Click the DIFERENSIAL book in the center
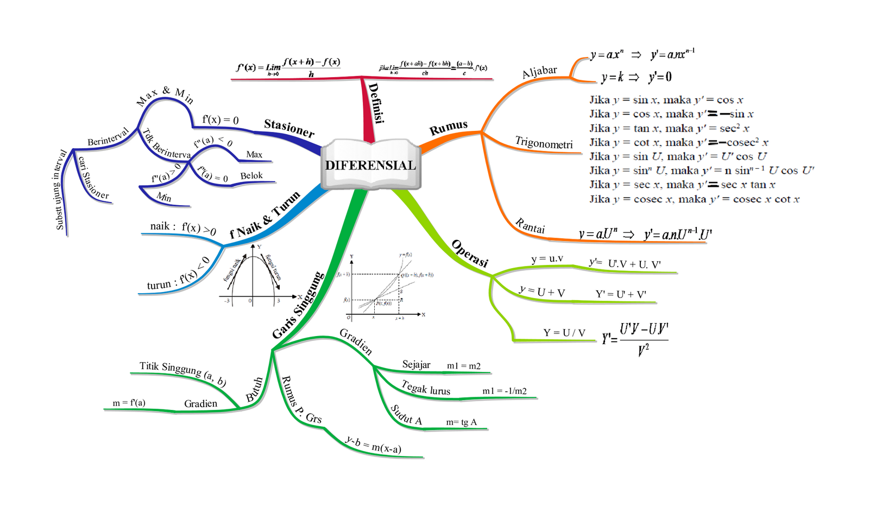(x=370, y=165)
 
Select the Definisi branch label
(x=376, y=103)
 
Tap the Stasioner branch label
(x=289, y=128)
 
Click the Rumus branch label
(x=449, y=128)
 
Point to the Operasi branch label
(x=470, y=253)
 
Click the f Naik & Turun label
(x=265, y=215)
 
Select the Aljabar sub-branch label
(x=539, y=72)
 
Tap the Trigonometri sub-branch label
(x=544, y=143)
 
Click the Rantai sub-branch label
(x=530, y=226)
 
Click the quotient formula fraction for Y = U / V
(x=635, y=339)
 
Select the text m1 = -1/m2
(x=504, y=391)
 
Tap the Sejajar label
(x=416, y=364)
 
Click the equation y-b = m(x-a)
(x=374, y=445)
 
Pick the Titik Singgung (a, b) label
(x=182, y=373)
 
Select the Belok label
(x=251, y=175)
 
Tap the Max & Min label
(x=165, y=96)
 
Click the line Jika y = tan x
(x=669, y=128)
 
